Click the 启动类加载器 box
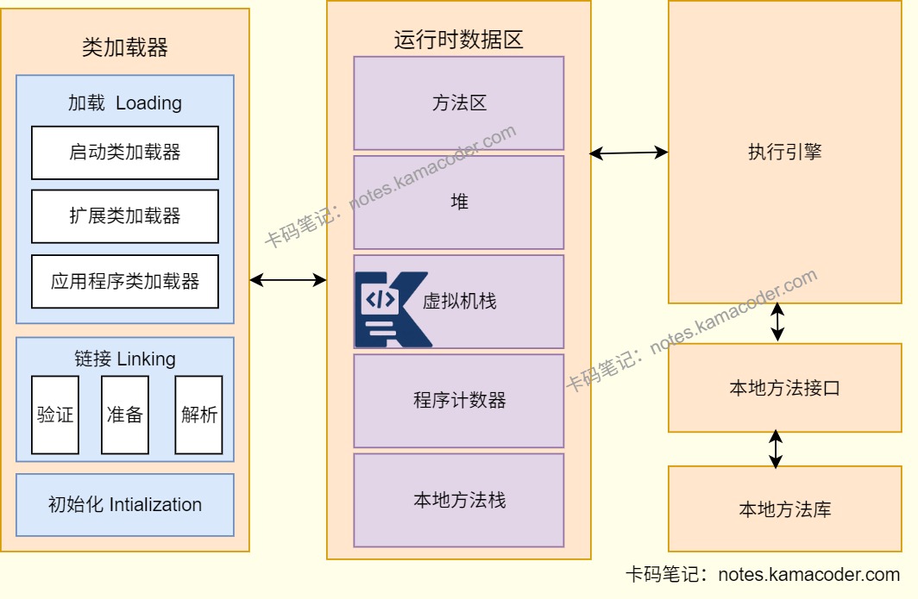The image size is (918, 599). (125, 153)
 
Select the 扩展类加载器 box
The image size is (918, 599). (125, 216)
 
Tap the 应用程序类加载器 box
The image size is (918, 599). (125, 281)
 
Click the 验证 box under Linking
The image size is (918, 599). (55, 415)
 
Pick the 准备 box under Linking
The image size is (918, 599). (125, 415)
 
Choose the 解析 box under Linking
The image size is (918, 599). (198, 415)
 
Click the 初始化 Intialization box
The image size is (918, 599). (125, 505)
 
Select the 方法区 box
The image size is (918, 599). (459, 103)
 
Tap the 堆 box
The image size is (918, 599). (459, 203)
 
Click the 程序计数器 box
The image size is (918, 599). (459, 401)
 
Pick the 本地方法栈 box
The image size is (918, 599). (459, 500)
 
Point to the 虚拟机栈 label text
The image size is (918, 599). (459, 302)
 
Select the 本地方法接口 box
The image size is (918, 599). (784, 388)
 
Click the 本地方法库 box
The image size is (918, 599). (784, 509)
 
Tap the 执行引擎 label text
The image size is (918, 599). (784, 153)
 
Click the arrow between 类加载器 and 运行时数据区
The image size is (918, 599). (288, 279)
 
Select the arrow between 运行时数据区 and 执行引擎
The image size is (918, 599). (629, 153)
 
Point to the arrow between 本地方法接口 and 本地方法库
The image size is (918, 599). (777, 449)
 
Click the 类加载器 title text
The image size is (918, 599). (125, 47)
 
